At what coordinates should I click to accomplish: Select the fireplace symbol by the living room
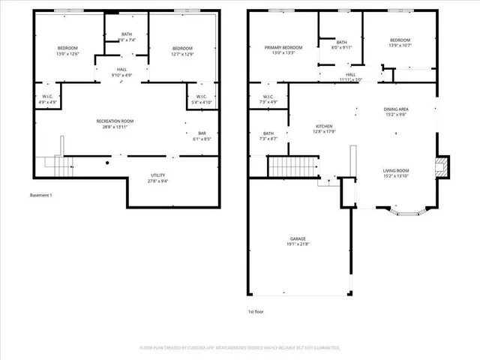[x=442, y=167]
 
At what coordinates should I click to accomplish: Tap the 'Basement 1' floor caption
[x=41, y=196]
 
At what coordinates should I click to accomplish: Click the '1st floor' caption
[x=256, y=311]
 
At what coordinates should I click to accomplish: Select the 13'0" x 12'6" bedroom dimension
[x=67, y=54]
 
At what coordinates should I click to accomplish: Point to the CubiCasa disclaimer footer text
[x=240, y=348]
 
